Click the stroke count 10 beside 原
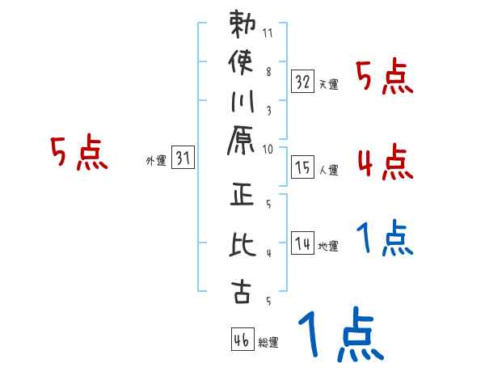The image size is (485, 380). point(268,148)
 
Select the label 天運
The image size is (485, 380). point(329,84)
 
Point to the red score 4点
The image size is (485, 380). point(385,162)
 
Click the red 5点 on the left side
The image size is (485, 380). point(78,154)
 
